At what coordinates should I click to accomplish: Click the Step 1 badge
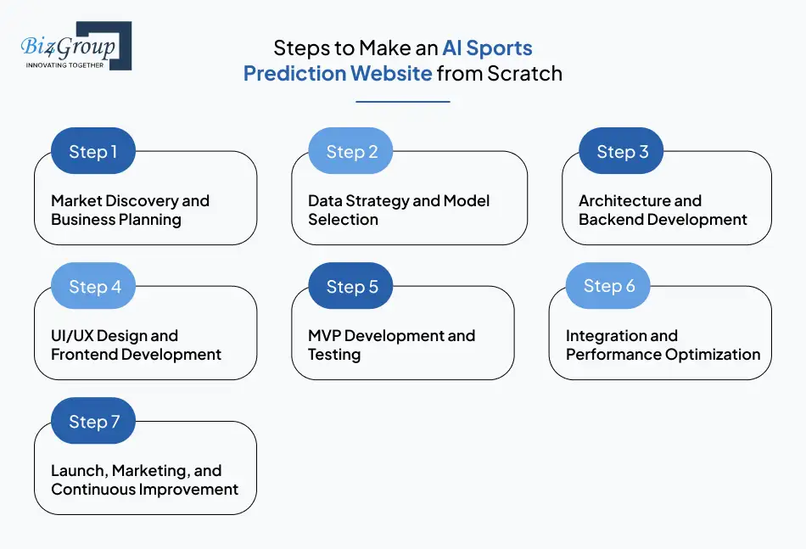[x=93, y=152]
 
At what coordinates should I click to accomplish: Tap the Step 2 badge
[x=351, y=152]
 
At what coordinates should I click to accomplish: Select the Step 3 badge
[x=622, y=152]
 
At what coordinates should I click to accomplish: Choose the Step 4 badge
[x=93, y=287]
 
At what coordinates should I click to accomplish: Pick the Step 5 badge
[x=351, y=287]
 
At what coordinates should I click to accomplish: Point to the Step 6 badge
[x=608, y=286]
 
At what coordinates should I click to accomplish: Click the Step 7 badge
[x=93, y=422]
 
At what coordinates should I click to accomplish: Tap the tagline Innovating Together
[x=64, y=64]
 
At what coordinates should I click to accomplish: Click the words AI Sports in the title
[x=487, y=48]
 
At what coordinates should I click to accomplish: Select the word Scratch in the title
[x=524, y=74]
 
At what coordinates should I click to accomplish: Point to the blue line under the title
[x=402, y=102]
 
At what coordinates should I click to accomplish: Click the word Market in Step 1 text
[x=77, y=201]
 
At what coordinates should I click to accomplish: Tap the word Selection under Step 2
[x=343, y=220]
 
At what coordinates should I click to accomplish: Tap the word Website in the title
[x=391, y=74]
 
